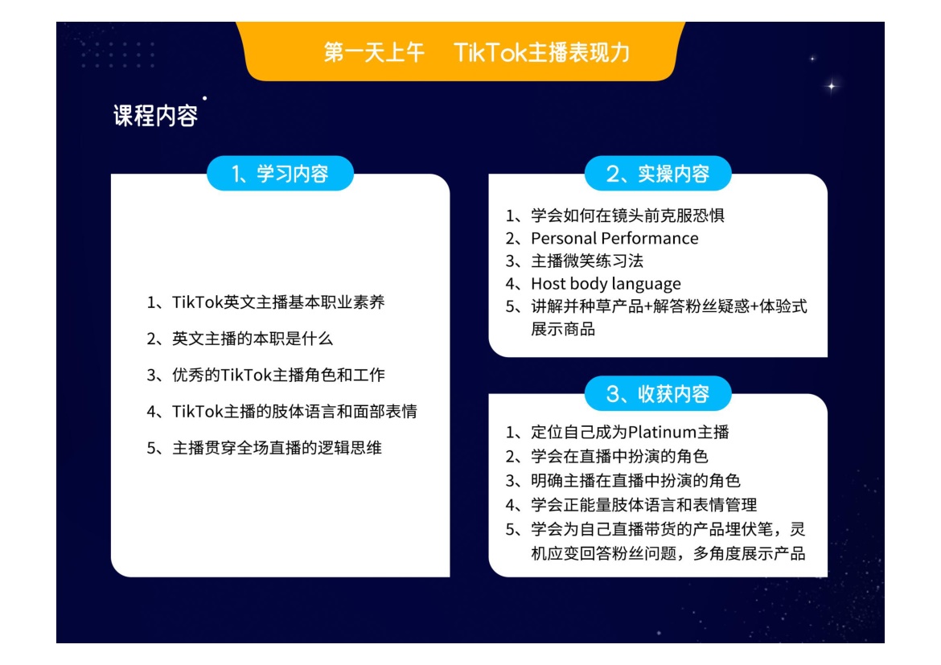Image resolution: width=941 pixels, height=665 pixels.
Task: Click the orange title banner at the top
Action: [460, 51]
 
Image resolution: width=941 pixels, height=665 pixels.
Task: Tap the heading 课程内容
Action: [155, 116]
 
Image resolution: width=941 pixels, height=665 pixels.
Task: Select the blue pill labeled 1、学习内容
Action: [280, 174]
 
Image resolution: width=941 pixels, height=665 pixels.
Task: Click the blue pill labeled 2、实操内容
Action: [658, 174]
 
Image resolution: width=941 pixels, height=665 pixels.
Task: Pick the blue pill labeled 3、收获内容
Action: [658, 394]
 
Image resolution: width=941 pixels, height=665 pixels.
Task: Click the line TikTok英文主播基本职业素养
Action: [266, 302]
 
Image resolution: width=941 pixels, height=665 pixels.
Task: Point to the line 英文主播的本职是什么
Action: [240, 339]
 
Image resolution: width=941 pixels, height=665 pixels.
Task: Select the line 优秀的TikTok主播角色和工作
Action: [266, 375]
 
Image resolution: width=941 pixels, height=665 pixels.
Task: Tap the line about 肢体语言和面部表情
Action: [282, 411]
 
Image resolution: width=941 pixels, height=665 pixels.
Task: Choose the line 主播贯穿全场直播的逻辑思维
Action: [264, 448]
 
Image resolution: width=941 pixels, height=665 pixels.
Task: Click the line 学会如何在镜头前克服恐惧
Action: [615, 216]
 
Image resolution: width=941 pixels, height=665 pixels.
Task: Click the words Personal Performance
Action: [614, 238]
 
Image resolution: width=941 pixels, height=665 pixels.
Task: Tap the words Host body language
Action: [606, 283]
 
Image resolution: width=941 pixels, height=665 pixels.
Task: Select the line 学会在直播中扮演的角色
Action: [606, 456]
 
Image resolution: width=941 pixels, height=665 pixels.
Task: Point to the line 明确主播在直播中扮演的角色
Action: [623, 481]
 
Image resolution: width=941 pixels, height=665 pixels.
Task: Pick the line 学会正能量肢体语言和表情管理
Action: [631, 505]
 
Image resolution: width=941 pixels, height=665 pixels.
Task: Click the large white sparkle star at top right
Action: [831, 86]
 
